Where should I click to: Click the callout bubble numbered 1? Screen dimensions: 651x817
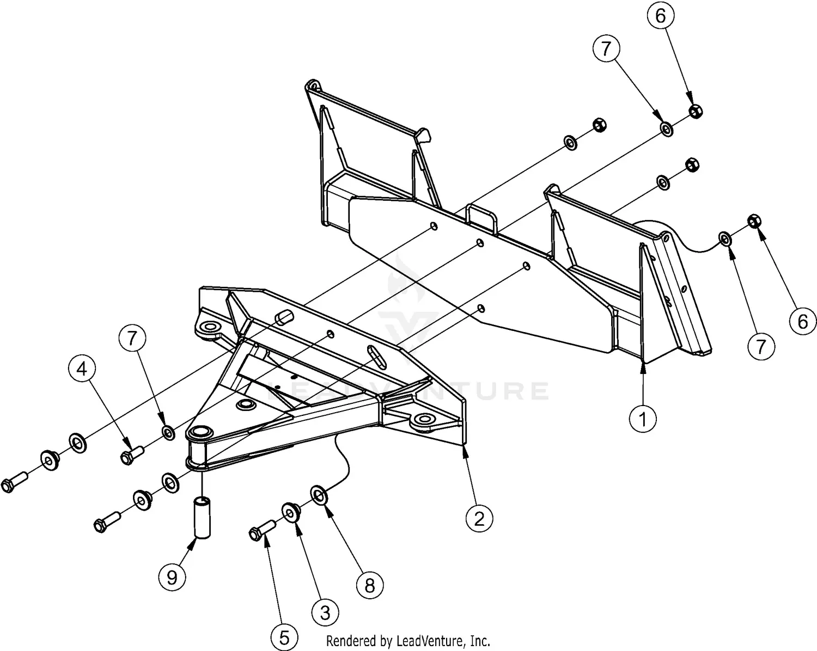click(643, 419)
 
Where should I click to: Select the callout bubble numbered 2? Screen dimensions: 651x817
click(479, 518)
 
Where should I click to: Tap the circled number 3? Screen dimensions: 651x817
click(325, 612)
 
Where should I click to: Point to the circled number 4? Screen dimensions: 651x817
click(81, 370)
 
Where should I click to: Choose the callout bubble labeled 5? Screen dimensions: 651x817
click(285, 637)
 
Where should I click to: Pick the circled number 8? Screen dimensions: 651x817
click(370, 585)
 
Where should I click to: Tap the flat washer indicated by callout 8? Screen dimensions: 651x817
click(318, 494)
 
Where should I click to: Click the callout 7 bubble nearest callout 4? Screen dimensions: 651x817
click(133, 339)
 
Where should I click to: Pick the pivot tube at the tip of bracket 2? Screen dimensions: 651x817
click(198, 449)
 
